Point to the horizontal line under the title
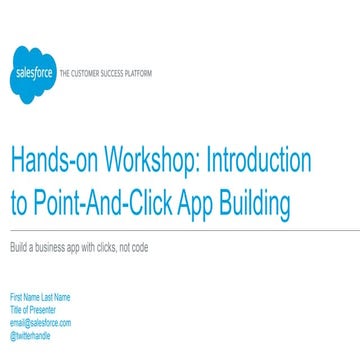180,230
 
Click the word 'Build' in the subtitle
19,247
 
